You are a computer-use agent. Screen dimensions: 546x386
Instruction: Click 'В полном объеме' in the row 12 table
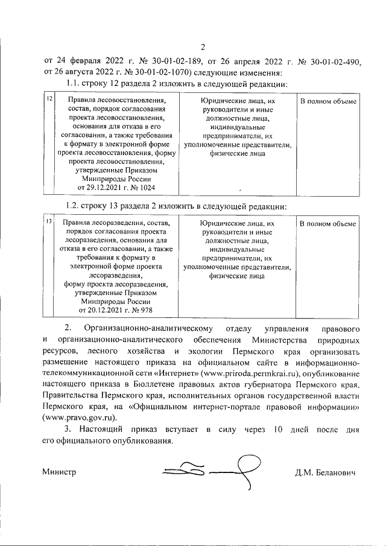pyautogui.click(x=329, y=101)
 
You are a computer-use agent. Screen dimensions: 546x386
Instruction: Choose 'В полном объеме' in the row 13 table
pyautogui.click(x=329, y=224)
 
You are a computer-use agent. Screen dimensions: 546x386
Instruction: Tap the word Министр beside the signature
pyautogui.click(x=59, y=472)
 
